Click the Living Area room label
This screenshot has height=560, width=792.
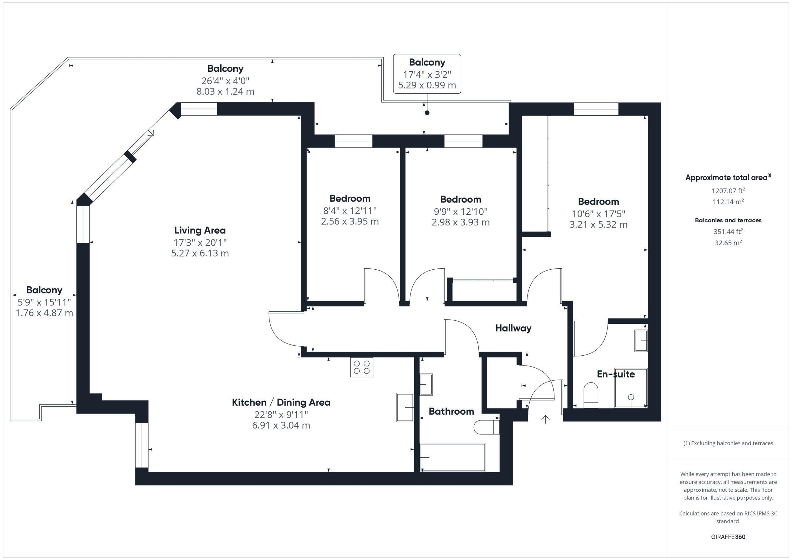point(200,230)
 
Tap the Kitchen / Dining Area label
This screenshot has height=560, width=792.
point(281,402)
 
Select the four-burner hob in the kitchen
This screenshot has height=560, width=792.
point(362,367)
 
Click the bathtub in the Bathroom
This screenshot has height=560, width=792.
point(453,457)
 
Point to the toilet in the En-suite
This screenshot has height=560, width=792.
point(591,395)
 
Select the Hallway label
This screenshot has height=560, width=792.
point(513,328)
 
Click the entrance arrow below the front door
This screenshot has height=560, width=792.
point(545,419)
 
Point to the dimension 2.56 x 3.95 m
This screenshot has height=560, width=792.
point(350,221)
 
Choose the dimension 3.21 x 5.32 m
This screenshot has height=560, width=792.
point(598,224)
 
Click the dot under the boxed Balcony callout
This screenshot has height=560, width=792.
point(427,113)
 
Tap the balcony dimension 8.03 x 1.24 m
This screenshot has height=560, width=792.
point(225,92)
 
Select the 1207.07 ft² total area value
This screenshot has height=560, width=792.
point(728,191)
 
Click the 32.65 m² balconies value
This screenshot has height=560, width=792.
point(728,243)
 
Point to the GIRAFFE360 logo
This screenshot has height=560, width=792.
point(728,537)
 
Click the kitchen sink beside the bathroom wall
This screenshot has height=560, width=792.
point(405,408)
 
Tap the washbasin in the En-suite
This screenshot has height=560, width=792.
point(641,341)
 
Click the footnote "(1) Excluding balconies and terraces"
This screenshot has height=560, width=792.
point(728,443)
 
